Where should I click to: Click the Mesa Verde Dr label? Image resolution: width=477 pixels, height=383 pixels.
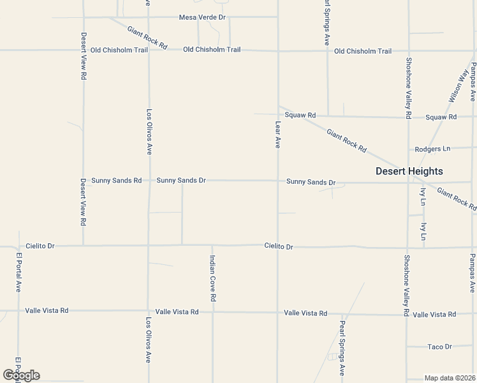202,17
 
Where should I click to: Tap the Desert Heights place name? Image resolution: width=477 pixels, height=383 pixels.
409,171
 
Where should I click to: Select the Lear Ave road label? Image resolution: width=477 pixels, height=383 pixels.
278,135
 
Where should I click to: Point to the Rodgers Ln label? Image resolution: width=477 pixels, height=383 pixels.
432,149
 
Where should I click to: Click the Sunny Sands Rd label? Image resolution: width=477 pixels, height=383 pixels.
116,181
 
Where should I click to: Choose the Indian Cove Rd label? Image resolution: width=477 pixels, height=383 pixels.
213,278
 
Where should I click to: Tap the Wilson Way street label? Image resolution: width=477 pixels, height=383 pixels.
459,86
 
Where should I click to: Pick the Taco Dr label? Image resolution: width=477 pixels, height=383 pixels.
439,347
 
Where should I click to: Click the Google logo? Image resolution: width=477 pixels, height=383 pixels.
21,375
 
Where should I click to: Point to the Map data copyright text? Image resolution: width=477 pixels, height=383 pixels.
450,378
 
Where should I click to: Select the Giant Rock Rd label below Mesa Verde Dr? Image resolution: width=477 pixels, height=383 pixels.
147,38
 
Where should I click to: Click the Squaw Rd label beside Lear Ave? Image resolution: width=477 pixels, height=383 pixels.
300,116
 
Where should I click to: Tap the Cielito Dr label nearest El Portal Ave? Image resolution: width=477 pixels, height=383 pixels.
41,246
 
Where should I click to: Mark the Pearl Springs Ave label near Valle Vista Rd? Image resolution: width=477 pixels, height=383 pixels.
342,347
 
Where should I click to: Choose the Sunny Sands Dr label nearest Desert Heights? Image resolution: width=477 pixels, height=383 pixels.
311,182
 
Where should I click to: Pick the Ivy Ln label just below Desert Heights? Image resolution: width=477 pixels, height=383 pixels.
423,195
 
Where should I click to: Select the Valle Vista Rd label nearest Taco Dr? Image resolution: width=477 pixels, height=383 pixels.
434,314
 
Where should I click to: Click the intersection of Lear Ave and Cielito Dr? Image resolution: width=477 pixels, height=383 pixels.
277,246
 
